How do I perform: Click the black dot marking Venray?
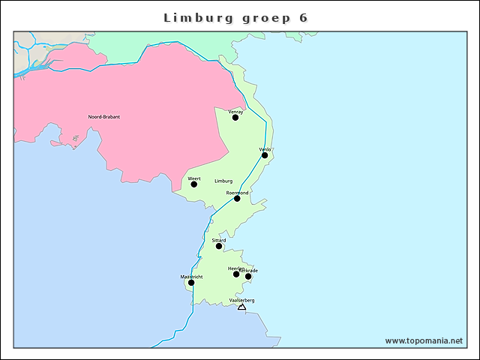[235, 118]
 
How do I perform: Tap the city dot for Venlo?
[265, 155]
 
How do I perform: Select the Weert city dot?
[193, 184]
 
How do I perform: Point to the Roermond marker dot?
[237, 199]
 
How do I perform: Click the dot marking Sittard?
[219, 246]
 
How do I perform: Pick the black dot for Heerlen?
[236, 274]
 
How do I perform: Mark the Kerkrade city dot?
[248, 277]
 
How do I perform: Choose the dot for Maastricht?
[191, 283]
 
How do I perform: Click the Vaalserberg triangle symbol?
[241, 307]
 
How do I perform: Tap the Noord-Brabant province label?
[104, 117]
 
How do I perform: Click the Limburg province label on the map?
[223, 181]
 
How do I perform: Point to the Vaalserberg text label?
[241, 300]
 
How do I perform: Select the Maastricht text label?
[191, 277]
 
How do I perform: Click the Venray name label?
[235, 112]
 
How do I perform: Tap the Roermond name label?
[237, 193]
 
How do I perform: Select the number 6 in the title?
[302, 17]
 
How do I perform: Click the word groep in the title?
[260, 18]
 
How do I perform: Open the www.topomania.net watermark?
[424, 340]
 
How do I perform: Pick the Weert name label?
[193, 178]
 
